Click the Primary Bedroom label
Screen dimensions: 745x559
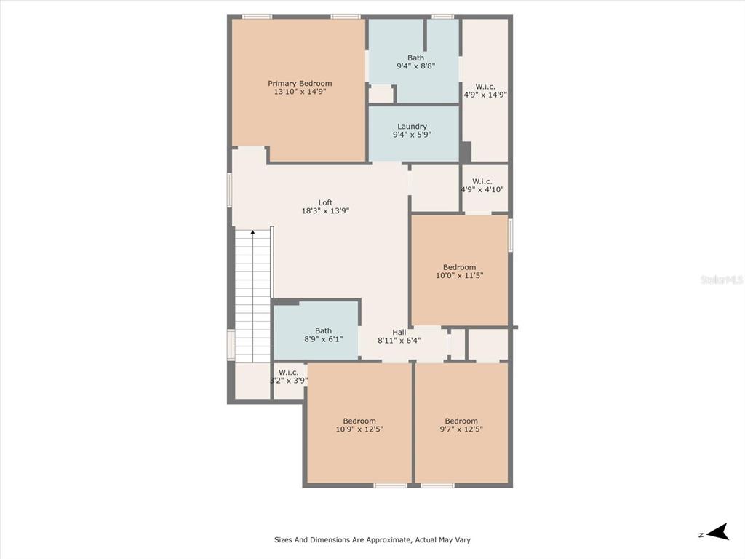click(x=300, y=83)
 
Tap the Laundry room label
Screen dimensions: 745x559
click(x=412, y=127)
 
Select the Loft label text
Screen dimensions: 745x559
click(x=325, y=202)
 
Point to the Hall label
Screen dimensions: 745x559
click(x=399, y=332)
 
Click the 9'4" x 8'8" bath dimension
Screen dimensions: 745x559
click(x=415, y=66)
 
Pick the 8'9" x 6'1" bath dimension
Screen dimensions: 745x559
click(x=324, y=339)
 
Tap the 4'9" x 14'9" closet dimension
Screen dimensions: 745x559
click(x=485, y=95)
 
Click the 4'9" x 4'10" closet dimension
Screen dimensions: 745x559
click(x=482, y=189)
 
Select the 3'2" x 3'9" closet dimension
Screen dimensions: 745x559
click(x=288, y=380)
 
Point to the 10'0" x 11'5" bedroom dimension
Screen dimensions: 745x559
click(x=460, y=275)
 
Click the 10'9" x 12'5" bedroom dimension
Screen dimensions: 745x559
click(x=359, y=429)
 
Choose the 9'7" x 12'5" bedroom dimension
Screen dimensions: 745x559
click(x=461, y=429)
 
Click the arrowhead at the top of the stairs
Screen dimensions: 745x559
click(x=252, y=232)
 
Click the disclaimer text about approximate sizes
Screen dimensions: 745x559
click(x=372, y=539)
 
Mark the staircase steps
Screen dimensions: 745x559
click(x=252, y=297)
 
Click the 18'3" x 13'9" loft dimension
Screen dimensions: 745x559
click(x=325, y=210)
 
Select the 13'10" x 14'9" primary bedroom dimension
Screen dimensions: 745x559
click(x=300, y=91)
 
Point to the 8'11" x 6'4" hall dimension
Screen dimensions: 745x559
click(x=399, y=341)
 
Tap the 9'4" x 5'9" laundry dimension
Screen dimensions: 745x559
click(x=412, y=135)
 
